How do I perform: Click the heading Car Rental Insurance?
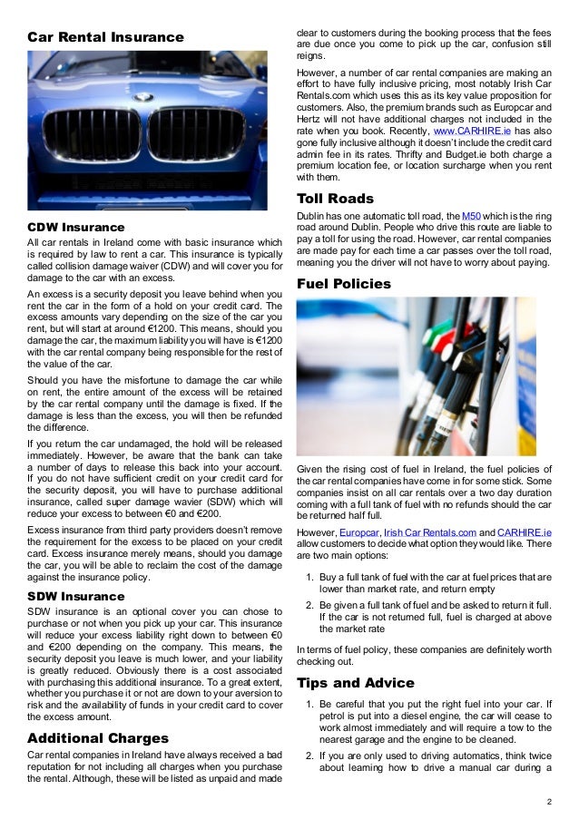click(x=105, y=37)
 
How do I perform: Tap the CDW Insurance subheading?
click(x=76, y=226)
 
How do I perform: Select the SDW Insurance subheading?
click(x=76, y=596)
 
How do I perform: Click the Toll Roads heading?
click(x=335, y=199)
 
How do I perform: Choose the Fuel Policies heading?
click(x=344, y=284)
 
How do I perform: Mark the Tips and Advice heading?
click(x=356, y=682)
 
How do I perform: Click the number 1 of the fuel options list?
click(x=310, y=577)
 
